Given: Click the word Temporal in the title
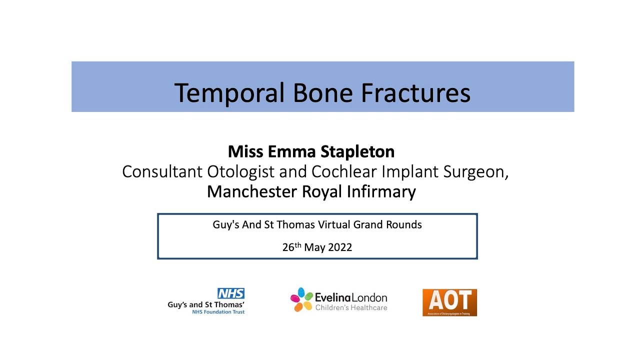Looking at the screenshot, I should pyautogui.click(x=230, y=93).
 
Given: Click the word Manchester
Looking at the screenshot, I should pyautogui.click(x=252, y=191).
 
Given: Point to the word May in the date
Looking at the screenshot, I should pyautogui.click(x=314, y=247).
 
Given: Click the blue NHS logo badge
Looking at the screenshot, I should pyautogui.click(x=230, y=293).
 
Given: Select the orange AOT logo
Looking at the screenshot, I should pyautogui.click(x=449, y=302).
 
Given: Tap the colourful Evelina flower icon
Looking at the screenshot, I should pyautogui.click(x=301, y=299).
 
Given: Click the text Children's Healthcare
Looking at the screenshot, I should pyautogui.click(x=351, y=307).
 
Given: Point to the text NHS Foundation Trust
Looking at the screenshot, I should pyautogui.click(x=218, y=312).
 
